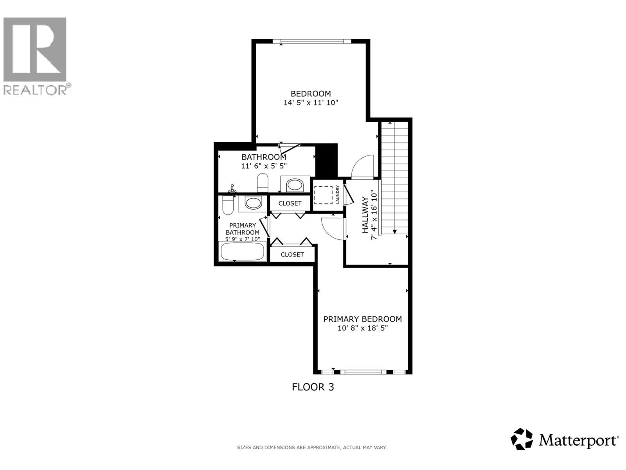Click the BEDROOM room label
[311, 94]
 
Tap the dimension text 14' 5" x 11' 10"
[311, 103]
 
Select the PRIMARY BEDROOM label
[362, 319]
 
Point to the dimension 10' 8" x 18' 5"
[362, 328]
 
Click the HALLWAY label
[365, 215]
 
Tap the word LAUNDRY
[337, 195]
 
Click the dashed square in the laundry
[323, 195]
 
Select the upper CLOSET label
[290, 203]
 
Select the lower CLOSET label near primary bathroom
[292, 255]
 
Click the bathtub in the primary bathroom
[243, 252]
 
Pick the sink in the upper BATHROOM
[295, 185]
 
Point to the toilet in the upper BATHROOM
[263, 183]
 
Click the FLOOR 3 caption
[313, 387]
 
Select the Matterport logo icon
[522, 439]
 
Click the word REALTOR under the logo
[35, 90]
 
